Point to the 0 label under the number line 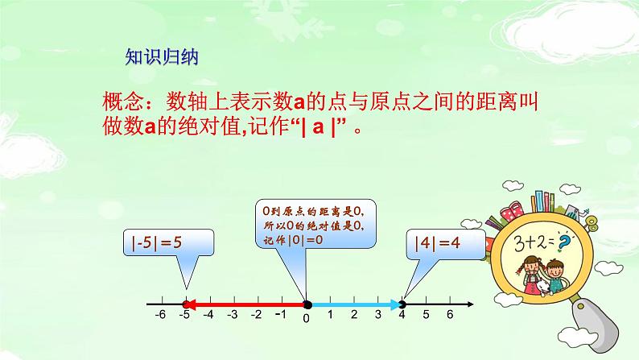[x=307, y=319]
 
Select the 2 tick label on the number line [x=355, y=317]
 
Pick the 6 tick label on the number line [x=450, y=317]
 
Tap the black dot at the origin [x=307, y=304]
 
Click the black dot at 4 [x=402, y=304]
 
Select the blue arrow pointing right [x=354, y=304]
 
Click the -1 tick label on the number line [x=279, y=316]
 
